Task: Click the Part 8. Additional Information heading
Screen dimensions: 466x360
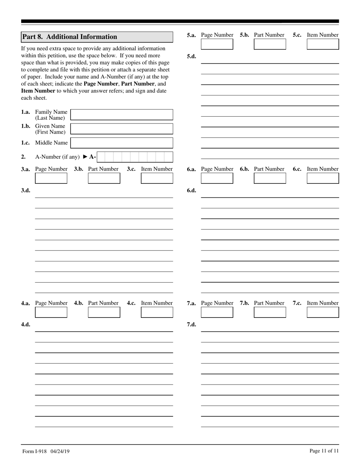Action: (x=70, y=37)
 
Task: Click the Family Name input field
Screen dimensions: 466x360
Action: (x=122, y=115)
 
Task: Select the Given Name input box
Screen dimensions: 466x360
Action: (x=122, y=129)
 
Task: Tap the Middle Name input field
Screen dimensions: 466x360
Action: (x=122, y=143)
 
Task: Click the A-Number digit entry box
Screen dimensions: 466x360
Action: (x=135, y=157)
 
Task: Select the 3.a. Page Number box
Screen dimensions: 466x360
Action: (x=51, y=178)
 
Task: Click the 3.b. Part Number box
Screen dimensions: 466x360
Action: (x=104, y=178)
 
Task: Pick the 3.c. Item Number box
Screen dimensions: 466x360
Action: (x=157, y=178)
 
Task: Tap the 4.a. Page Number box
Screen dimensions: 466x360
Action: (x=51, y=312)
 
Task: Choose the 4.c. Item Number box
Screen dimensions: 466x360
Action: (x=157, y=312)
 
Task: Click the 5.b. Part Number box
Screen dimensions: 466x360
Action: (x=270, y=44)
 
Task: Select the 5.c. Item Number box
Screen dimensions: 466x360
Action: (x=323, y=44)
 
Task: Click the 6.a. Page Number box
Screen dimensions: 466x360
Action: (x=217, y=178)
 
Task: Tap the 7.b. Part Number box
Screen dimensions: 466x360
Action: (x=270, y=312)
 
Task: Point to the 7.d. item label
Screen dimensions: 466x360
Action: (x=191, y=324)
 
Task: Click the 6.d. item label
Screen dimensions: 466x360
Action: (x=191, y=190)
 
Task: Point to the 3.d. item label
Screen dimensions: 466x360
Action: (x=25, y=190)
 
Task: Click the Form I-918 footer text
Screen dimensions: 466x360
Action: (x=46, y=451)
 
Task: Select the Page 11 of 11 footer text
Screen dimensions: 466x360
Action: (x=324, y=451)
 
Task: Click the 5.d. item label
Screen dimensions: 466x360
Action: (x=191, y=56)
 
